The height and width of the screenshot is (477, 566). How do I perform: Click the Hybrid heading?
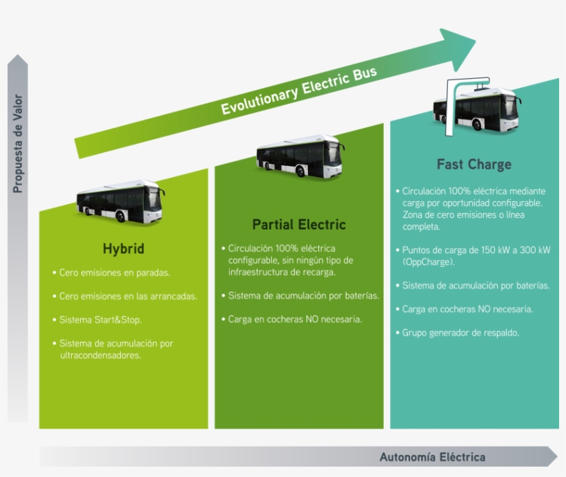pos(124,249)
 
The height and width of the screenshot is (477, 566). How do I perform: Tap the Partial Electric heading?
pos(299,225)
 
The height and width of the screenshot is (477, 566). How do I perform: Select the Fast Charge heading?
pos(474,165)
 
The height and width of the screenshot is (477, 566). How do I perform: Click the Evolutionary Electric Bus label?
pos(299,91)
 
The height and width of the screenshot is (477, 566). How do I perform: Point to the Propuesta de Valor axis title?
pos(18,144)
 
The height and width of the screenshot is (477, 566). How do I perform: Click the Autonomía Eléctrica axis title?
pos(433,457)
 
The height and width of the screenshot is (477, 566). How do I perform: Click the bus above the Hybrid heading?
pos(121,201)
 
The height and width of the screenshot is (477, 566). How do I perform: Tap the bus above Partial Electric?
pos(300,156)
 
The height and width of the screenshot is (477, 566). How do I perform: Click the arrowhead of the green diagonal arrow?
pos(458,49)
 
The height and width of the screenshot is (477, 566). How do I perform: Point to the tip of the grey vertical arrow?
pos(18,55)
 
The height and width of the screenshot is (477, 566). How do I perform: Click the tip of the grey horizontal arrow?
pos(558,456)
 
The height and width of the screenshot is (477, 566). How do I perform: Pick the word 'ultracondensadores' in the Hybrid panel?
pos(100,355)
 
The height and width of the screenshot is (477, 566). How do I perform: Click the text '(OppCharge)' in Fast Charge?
pos(429,262)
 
